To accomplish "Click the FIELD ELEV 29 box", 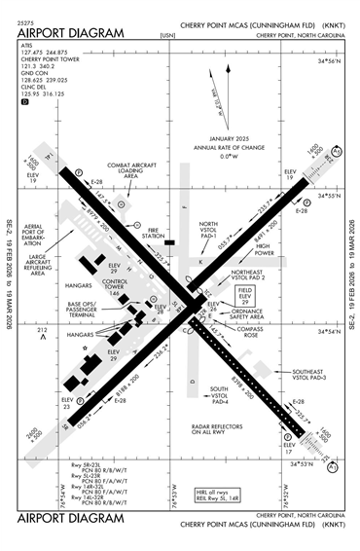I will point(244,295).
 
